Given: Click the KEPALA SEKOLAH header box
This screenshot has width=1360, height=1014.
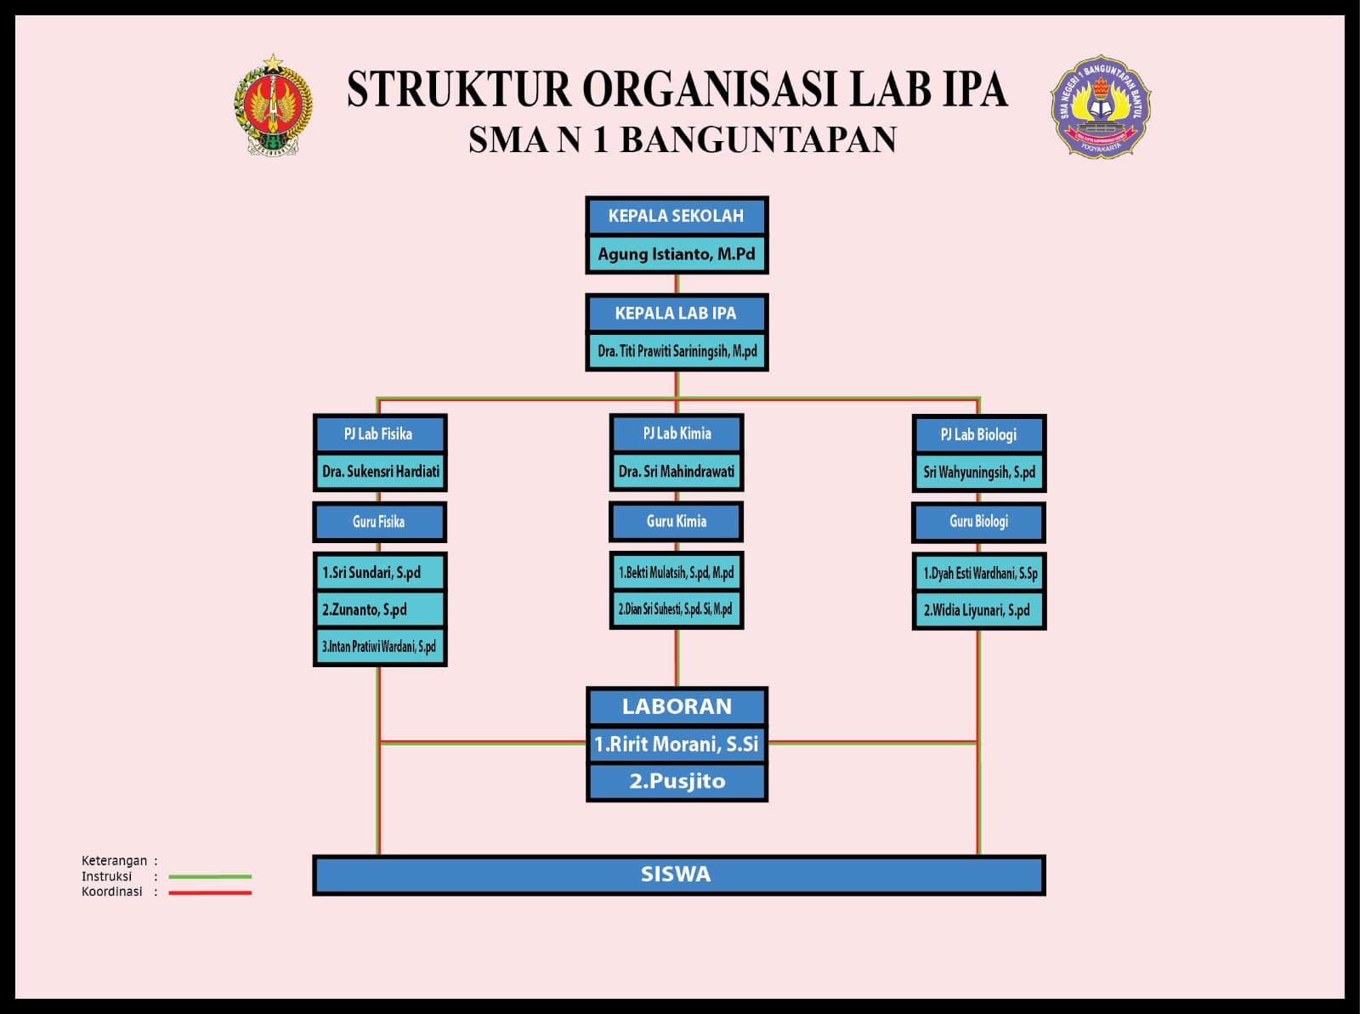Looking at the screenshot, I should click(676, 216).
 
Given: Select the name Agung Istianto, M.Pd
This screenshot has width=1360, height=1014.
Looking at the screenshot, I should click(676, 254).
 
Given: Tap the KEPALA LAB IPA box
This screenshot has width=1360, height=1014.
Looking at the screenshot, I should click(676, 314).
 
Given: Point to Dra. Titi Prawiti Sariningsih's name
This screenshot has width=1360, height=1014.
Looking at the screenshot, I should click(676, 351).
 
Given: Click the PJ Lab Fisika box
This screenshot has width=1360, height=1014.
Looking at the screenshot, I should click(379, 434).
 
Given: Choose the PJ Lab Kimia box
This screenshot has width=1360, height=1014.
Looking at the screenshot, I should click(677, 433).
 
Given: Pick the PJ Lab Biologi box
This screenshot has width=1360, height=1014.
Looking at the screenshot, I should click(978, 435).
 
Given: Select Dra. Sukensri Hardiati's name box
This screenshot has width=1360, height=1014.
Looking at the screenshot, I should click(380, 472).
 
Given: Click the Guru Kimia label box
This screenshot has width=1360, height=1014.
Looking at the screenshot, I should click(676, 522).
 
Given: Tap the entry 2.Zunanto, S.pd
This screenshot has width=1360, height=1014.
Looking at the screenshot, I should click(379, 609).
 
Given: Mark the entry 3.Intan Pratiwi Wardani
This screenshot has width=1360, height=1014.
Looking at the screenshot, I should click(379, 647).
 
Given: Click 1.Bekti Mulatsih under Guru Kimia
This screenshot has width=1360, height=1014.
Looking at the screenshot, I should click(676, 573).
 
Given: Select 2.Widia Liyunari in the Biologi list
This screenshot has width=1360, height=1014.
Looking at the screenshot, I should click(978, 610).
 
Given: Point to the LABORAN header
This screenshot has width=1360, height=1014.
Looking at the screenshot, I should click(676, 706).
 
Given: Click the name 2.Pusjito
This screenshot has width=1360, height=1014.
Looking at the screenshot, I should click(677, 781).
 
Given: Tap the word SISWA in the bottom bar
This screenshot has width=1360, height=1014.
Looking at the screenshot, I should click(676, 875).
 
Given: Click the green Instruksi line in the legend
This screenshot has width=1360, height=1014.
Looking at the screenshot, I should click(210, 876).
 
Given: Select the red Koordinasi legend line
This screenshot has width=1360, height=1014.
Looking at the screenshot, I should click(210, 892).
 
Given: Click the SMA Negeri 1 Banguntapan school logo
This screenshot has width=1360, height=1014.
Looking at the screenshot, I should click(1100, 107).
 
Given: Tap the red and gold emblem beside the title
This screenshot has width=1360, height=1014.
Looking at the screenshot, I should click(273, 105).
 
